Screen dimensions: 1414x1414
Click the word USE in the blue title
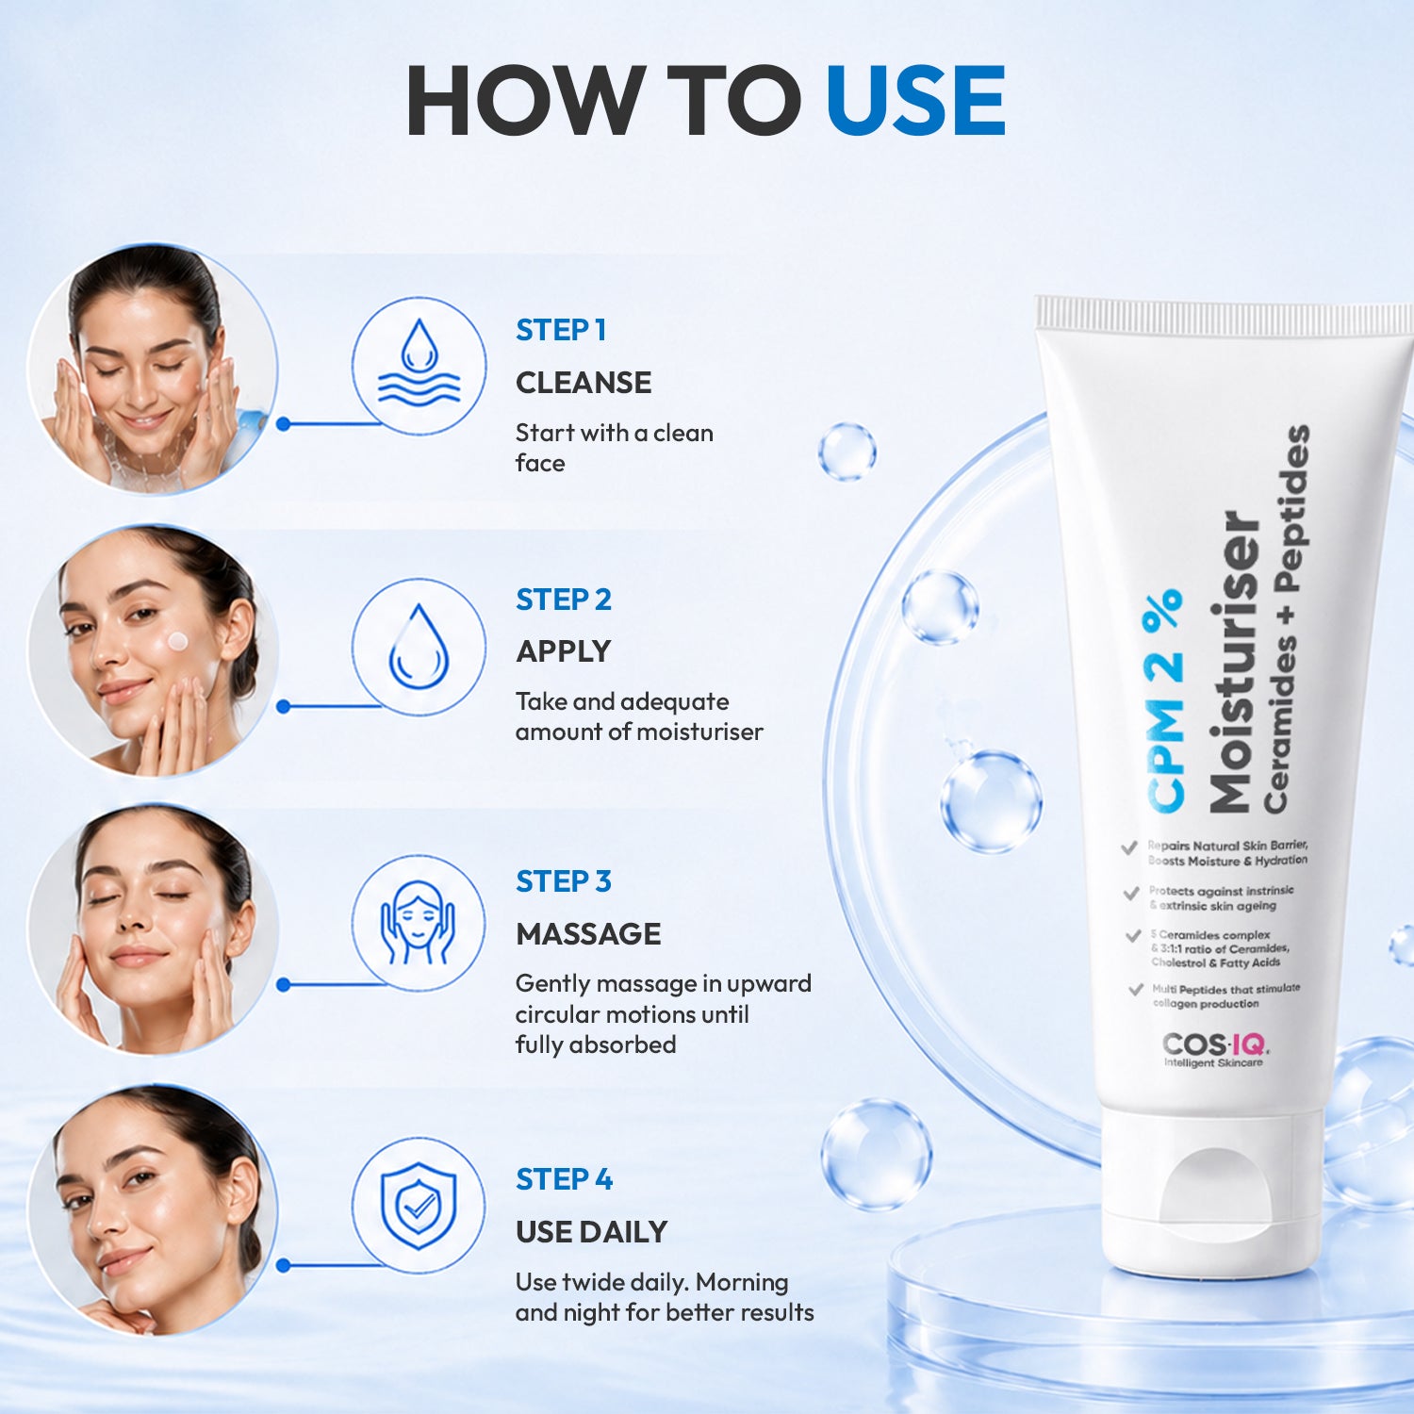tap(915, 101)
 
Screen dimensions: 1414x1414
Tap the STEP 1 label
tap(561, 330)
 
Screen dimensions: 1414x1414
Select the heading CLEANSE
tap(584, 383)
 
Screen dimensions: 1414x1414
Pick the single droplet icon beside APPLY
tap(419, 647)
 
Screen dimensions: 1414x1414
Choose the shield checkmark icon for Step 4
tap(419, 1206)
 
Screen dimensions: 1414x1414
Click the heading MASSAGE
tap(588, 934)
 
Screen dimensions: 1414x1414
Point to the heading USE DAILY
tap(591, 1232)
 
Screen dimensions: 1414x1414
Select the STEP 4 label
tap(564, 1179)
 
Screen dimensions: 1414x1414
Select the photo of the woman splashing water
tap(152, 369)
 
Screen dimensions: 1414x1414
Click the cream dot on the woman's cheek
tap(177, 642)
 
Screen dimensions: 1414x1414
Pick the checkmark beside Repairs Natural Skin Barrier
tap(1129, 847)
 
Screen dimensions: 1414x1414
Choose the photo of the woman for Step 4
tap(152, 1210)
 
